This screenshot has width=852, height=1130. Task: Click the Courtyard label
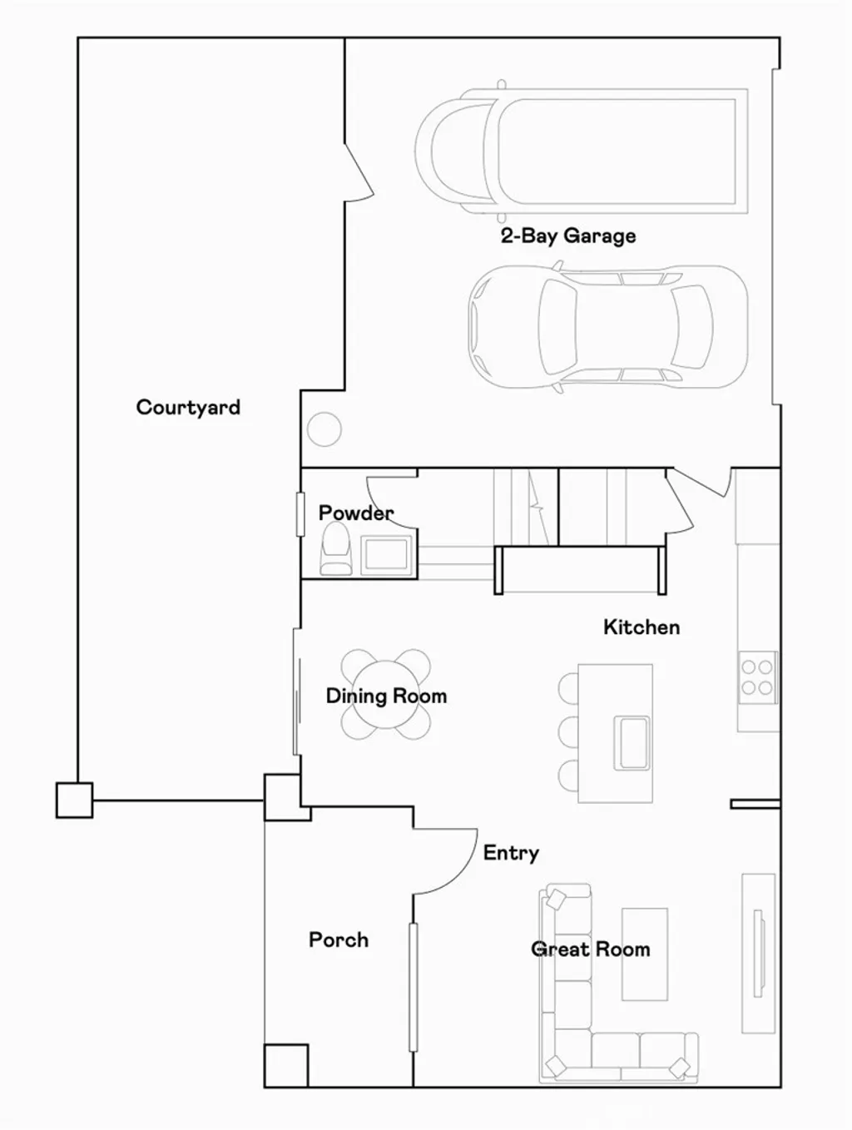[188, 408]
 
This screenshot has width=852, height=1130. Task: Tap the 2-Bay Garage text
[568, 236]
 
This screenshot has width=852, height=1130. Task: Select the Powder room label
[355, 513]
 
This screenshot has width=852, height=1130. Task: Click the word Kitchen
[641, 627]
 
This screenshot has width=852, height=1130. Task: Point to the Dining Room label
[386, 696]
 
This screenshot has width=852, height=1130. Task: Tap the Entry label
[511, 853]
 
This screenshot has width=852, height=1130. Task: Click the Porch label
[339, 940]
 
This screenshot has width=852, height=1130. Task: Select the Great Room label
[591, 949]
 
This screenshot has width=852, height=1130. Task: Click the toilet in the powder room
[337, 549]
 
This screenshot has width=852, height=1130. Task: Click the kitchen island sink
[632, 742]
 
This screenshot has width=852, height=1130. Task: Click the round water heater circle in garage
[324, 430]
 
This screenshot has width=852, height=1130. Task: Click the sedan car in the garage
[607, 327]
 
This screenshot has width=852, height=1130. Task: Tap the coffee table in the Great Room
[645, 954]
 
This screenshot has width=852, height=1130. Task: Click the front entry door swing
[445, 861]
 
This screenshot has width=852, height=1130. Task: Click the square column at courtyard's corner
[74, 800]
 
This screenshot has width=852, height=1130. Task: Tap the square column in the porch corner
[286, 1066]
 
